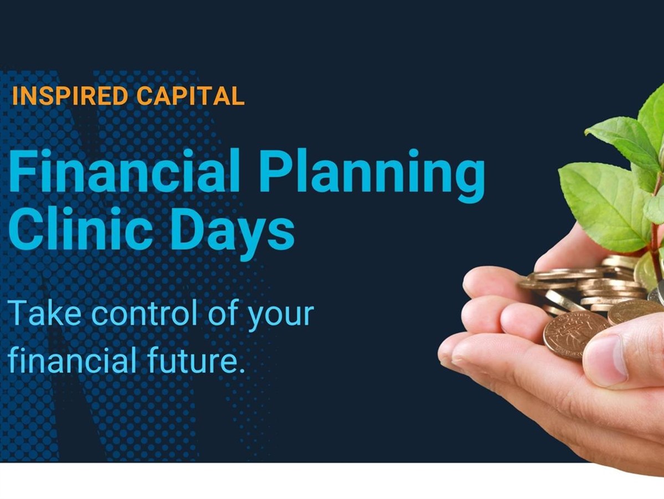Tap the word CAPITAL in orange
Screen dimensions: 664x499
(x=191, y=96)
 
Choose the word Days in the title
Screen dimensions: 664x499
(x=232, y=234)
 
